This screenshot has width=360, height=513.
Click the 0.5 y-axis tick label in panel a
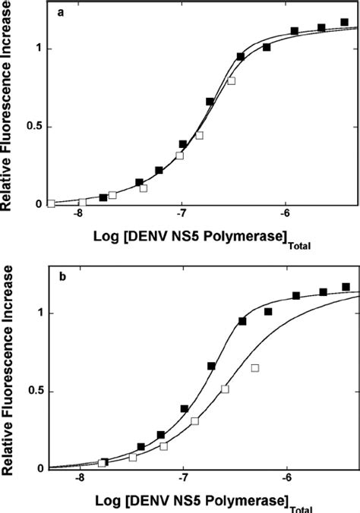pyautogui.click(x=34, y=127)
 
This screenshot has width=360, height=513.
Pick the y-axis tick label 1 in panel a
pyautogui.click(x=39, y=49)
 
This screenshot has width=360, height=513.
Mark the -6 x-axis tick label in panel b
pyautogui.click(x=286, y=480)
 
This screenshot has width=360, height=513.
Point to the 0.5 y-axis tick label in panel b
pyautogui.click(x=34, y=391)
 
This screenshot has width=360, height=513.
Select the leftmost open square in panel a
pyautogui.click(x=51, y=203)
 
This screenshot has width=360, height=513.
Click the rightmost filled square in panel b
pyautogui.click(x=346, y=287)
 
